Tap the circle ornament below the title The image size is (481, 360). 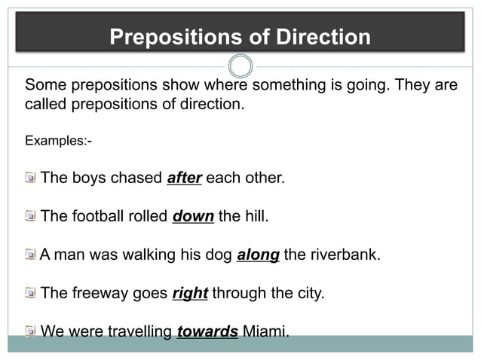click(240, 66)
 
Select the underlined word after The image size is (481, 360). click(185, 179)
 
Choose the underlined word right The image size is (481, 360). click(190, 293)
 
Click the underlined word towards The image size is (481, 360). click(207, 331)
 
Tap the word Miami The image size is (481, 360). click(265, 331)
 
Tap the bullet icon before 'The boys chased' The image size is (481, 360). click(29, 178)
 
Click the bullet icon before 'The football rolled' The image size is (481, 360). click(29, 217)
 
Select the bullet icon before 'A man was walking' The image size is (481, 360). click(29, 255)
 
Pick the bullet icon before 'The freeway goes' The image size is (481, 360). click(29, 292)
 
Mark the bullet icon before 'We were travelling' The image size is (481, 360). click(29, 331)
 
